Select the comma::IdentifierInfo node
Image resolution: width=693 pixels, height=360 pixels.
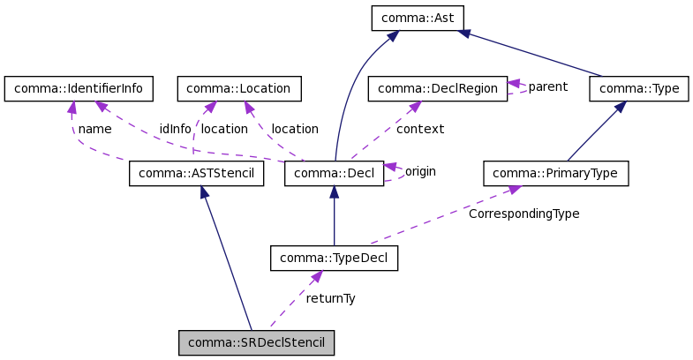(79, 88)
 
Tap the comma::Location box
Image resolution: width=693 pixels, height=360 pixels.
(239, 88)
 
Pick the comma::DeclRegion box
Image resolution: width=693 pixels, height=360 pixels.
(437, 88)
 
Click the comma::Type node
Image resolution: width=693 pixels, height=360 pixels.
(638, 88)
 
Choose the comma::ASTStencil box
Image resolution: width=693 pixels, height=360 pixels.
(196, 173)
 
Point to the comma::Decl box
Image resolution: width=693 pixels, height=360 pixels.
(334, 173)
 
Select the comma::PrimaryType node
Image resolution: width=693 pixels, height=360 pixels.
(555, 173)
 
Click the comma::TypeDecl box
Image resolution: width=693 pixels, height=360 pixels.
(334, 258)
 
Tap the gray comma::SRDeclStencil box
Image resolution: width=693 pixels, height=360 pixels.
(257, 342)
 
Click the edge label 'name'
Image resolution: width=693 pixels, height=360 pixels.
(94, 129)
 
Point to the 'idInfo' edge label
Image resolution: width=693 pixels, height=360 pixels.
(175, 129)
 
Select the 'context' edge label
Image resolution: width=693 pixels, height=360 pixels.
(419, 129)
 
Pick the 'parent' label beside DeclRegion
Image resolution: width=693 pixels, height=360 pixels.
(547, 87)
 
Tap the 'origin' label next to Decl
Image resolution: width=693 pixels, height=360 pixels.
(420, 171)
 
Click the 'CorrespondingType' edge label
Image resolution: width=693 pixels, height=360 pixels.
(524, 214)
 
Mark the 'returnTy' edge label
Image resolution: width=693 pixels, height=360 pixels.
(330, 298)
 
